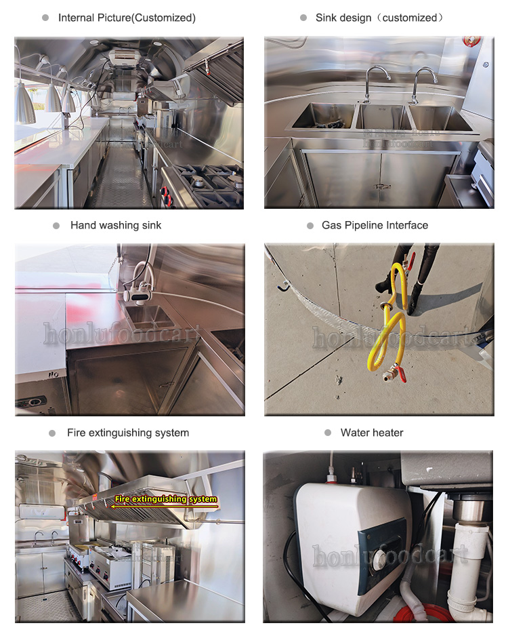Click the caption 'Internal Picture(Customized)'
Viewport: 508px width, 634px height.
(x=127, y=18)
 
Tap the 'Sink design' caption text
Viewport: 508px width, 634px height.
(x=343, y=18)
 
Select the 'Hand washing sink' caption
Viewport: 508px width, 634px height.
(x=116, y=225)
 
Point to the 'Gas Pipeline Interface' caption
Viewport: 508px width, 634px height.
(x=375, y=225)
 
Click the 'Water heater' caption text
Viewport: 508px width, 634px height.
(x=372, y=433)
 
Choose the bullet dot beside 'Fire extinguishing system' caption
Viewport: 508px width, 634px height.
(x=52, y=433)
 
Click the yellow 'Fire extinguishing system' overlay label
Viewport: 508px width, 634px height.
(x=165, y=499)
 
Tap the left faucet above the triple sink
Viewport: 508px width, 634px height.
(x=373, y=83)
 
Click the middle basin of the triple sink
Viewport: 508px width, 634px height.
(x=381, y=117)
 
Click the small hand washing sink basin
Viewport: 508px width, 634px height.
(x=150, y=316)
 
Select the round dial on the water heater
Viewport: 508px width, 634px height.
(x=381, y=559)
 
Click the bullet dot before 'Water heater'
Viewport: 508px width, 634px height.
(x=328, y=433)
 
